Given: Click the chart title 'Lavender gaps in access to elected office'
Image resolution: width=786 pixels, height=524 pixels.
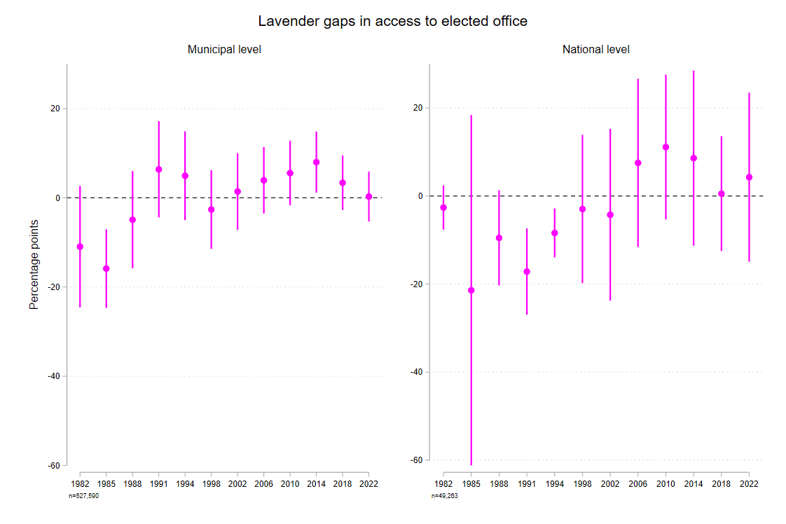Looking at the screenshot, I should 392,22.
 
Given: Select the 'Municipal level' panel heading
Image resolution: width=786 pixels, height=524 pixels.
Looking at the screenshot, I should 224,50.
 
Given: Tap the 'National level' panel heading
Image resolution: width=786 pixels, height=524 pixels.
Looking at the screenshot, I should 595,50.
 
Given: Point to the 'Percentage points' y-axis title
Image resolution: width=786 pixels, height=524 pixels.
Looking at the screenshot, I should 34,264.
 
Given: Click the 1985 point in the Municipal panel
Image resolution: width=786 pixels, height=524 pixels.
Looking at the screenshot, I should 106,268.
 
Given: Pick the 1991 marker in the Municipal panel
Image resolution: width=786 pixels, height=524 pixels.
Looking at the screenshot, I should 159,170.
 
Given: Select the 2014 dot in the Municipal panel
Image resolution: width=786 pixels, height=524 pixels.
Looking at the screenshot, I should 317,163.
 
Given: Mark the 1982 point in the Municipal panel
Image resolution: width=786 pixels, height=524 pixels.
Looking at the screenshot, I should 80,247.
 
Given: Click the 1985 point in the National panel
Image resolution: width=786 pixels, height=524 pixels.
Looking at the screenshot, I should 471,290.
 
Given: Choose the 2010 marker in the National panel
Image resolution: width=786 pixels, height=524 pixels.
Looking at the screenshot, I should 666,147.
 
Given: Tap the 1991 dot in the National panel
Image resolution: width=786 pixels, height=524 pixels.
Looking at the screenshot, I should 527,271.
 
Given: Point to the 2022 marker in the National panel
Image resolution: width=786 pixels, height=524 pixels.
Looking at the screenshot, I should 749,177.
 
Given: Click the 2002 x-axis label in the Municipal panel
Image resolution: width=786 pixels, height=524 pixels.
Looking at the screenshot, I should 237,484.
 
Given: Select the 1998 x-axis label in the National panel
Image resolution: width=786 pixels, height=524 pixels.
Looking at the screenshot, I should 582,484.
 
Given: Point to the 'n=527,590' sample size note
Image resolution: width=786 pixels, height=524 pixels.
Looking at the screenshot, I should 83,496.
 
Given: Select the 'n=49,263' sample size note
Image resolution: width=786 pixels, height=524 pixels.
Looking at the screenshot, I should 446,496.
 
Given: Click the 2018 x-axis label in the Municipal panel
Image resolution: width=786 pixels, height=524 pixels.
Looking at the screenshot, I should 343,484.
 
